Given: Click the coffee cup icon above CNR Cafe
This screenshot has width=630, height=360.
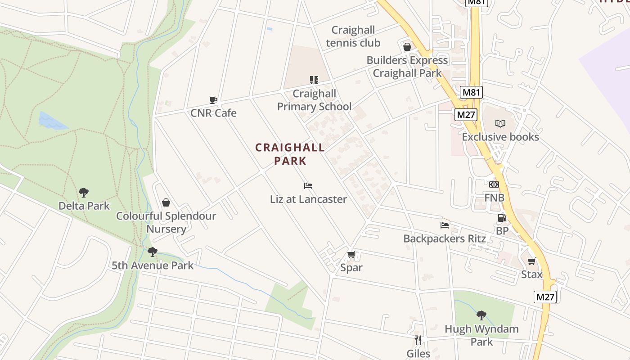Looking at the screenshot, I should point(213,100).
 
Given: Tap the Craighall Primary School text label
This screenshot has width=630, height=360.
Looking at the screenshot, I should point(314,100).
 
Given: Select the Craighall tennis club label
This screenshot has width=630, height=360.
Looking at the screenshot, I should point(353,36).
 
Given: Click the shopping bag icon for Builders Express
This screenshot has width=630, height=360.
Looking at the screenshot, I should point(407,47).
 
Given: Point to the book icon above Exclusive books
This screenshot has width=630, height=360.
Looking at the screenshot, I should point(500,123).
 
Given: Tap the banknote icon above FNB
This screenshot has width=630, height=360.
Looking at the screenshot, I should point(494,184).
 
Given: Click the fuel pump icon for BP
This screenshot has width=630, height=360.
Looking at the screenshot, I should point(502,218).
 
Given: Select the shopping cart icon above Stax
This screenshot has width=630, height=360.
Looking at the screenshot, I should point(532,261).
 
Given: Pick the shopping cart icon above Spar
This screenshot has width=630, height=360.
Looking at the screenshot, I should point(351,255).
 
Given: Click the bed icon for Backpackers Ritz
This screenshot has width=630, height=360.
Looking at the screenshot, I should point(445,225).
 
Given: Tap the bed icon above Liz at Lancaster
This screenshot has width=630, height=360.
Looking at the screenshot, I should point(308,186).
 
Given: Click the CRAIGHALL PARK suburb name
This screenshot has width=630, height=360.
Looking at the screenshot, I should point(290,154).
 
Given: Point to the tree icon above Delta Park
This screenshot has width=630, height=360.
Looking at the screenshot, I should point(84,193).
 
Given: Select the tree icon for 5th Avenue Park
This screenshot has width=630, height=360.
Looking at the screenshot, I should point(153,252).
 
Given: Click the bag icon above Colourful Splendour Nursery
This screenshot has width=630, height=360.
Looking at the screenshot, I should point(166,203).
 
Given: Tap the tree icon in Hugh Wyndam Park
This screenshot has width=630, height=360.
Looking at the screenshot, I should point(481,315).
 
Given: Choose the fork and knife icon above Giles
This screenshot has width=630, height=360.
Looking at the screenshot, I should point(418,340).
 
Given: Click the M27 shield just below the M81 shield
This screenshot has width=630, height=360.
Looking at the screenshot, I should point(466,115).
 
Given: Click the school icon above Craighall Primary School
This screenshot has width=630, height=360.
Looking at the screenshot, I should point(314,80).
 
